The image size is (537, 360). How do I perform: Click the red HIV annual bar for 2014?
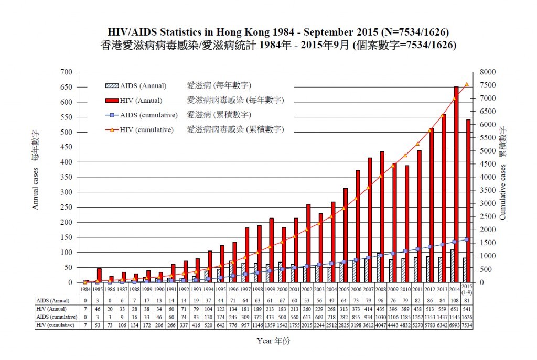pyautogui.click(x=456, y=184)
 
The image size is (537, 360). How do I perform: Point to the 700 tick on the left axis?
pyautogui.click(x=66, y=72)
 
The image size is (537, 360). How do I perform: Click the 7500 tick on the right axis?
pyautogui.click(x=487, y=85)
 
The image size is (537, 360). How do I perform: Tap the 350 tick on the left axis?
pyautogui.click(x=66, y=177)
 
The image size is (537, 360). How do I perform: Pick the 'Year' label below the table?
pyautogui.click(x=273, y=341)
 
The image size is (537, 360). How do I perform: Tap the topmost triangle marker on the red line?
pyautogui.click(x=466, y=84)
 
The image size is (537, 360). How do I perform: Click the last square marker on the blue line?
pyautogui.click(x=466, y=239)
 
